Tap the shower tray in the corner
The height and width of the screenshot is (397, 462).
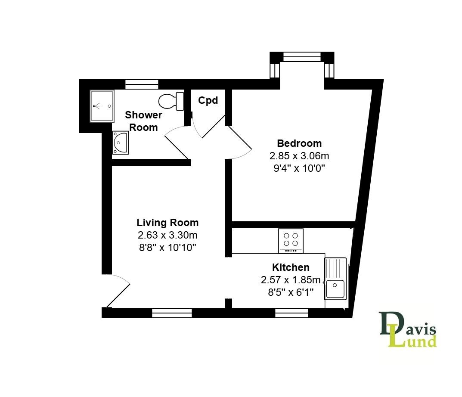(x=102, y=106)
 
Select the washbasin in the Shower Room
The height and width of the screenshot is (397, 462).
(x=120, y=143)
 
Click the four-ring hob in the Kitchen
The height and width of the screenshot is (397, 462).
(x=291, y=241)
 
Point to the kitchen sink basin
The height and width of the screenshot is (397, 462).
(x=335, y=289)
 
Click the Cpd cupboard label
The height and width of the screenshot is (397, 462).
(x=208, y=101)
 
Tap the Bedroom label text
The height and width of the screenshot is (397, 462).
(x=299, y=143)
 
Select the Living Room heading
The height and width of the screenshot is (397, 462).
(x=167, y=223)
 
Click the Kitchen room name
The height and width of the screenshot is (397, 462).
(x=291, y=267)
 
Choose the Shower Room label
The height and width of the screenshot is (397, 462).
(x=143, y=121)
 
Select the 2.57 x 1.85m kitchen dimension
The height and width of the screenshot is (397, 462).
(x=291, y=280)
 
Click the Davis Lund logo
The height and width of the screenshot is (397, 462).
(x=407, y=330)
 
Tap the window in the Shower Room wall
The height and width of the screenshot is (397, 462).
(x=142, y=84)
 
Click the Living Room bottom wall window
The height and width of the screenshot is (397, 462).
(x=172, y=313)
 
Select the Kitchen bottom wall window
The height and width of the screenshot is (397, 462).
(x=291, y=313)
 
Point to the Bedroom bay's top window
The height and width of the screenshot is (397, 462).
(x=302, y=56)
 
